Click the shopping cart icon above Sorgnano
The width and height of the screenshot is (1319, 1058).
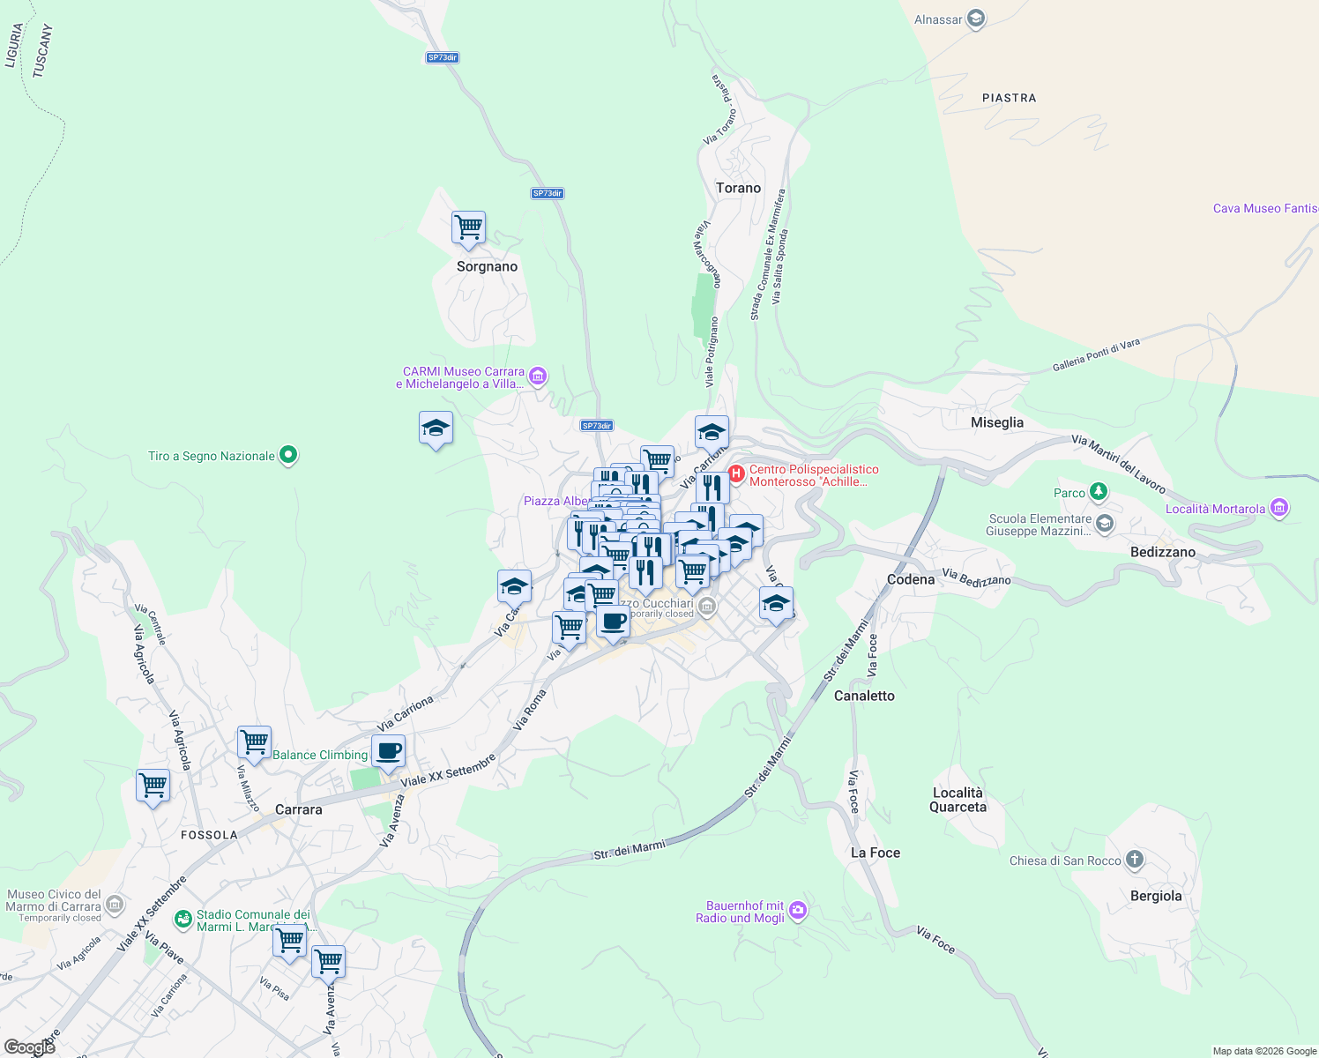click(468, 227)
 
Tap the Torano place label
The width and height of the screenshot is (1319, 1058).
click(738, 188)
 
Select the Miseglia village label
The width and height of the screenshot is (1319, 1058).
click(996, 422)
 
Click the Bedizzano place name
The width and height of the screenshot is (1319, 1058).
click(1162, 552)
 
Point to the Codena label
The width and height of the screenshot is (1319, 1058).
click(910, 579)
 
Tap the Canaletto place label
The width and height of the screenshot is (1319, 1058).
click(864, 696)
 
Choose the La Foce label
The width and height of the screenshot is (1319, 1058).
click(875, 853)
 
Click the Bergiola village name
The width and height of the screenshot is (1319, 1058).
click(1155, 896)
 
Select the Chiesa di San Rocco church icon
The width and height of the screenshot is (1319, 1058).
click(1135, 859)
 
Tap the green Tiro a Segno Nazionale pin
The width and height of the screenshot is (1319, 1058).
click(287, 455)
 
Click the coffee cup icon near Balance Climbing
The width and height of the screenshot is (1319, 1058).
click(388, 752)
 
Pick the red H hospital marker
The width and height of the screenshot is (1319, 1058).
click(736, 474)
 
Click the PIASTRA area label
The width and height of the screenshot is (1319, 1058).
click(1009, 98)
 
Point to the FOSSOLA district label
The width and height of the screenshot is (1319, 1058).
click(209, 835)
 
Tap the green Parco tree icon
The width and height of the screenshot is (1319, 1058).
click(1098, 492)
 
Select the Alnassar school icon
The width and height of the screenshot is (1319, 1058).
click(975, 19)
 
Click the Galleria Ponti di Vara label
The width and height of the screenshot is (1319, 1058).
click(1096, 354)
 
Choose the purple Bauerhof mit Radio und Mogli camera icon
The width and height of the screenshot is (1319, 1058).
click(797, 910)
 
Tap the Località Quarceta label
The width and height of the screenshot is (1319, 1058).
click(958, 800)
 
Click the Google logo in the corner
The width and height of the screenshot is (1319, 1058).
click(29, 1047)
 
